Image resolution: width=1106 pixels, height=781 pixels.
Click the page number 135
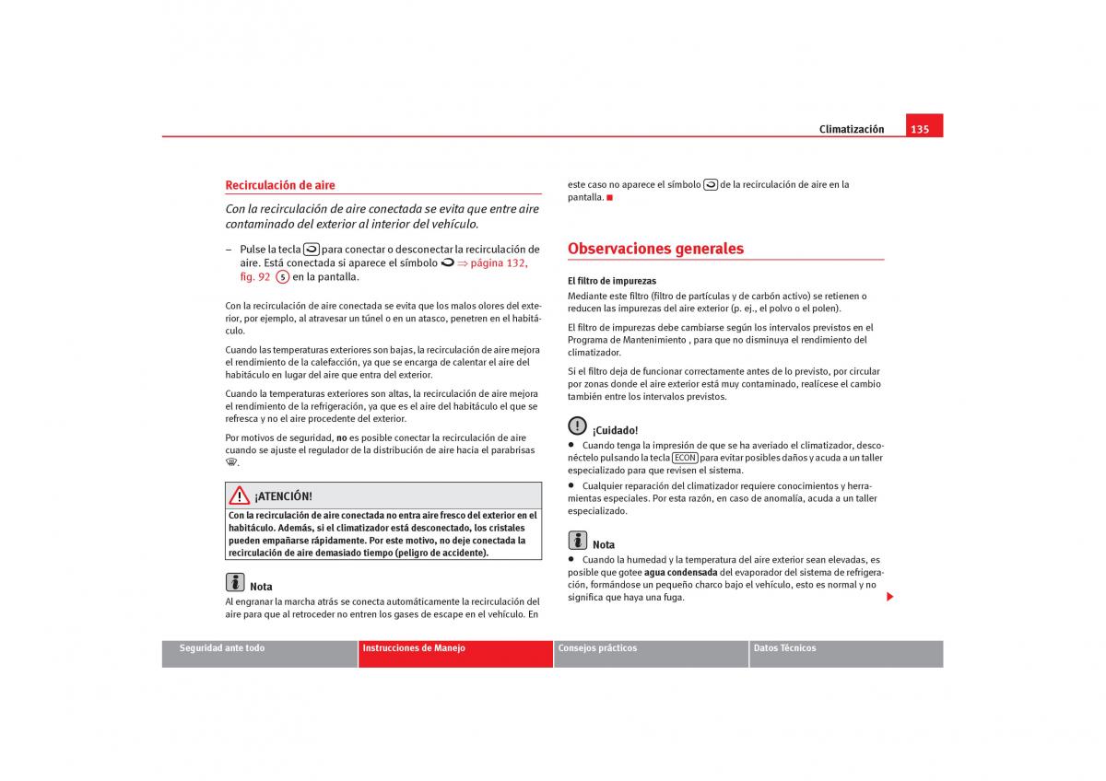coord(920,129)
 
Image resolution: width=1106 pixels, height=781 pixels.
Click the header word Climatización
coord(851,129)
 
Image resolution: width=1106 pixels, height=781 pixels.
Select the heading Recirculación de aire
coord(280,185)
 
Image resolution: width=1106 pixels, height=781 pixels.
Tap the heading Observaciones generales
coord(655,249)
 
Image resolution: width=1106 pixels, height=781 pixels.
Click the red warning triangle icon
coord(240,495)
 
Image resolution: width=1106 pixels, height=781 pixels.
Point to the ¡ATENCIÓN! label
coord(283,496)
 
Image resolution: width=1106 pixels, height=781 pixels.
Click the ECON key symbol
coord(685,458)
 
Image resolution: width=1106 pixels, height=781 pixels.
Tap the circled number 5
coord(283,277)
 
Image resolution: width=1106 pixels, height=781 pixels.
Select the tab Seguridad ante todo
coord(221,648)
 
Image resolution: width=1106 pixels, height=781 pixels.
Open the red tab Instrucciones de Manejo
coord(414,648)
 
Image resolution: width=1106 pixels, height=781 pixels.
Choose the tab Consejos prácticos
coord(597,648)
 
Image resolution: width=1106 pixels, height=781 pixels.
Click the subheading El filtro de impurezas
coord(612,281)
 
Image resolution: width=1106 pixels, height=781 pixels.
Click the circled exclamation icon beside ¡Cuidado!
coord(577,425)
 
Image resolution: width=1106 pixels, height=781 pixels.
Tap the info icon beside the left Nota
coord(235,582)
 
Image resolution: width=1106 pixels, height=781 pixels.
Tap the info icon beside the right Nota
coord(578,541)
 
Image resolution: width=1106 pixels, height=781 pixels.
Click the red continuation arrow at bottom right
coord(890,598)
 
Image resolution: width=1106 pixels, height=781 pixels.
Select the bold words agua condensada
coord(681,572)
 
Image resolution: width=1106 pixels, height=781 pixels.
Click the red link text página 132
coord(498,262)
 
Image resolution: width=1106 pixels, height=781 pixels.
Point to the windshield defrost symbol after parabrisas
coord(231,463)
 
